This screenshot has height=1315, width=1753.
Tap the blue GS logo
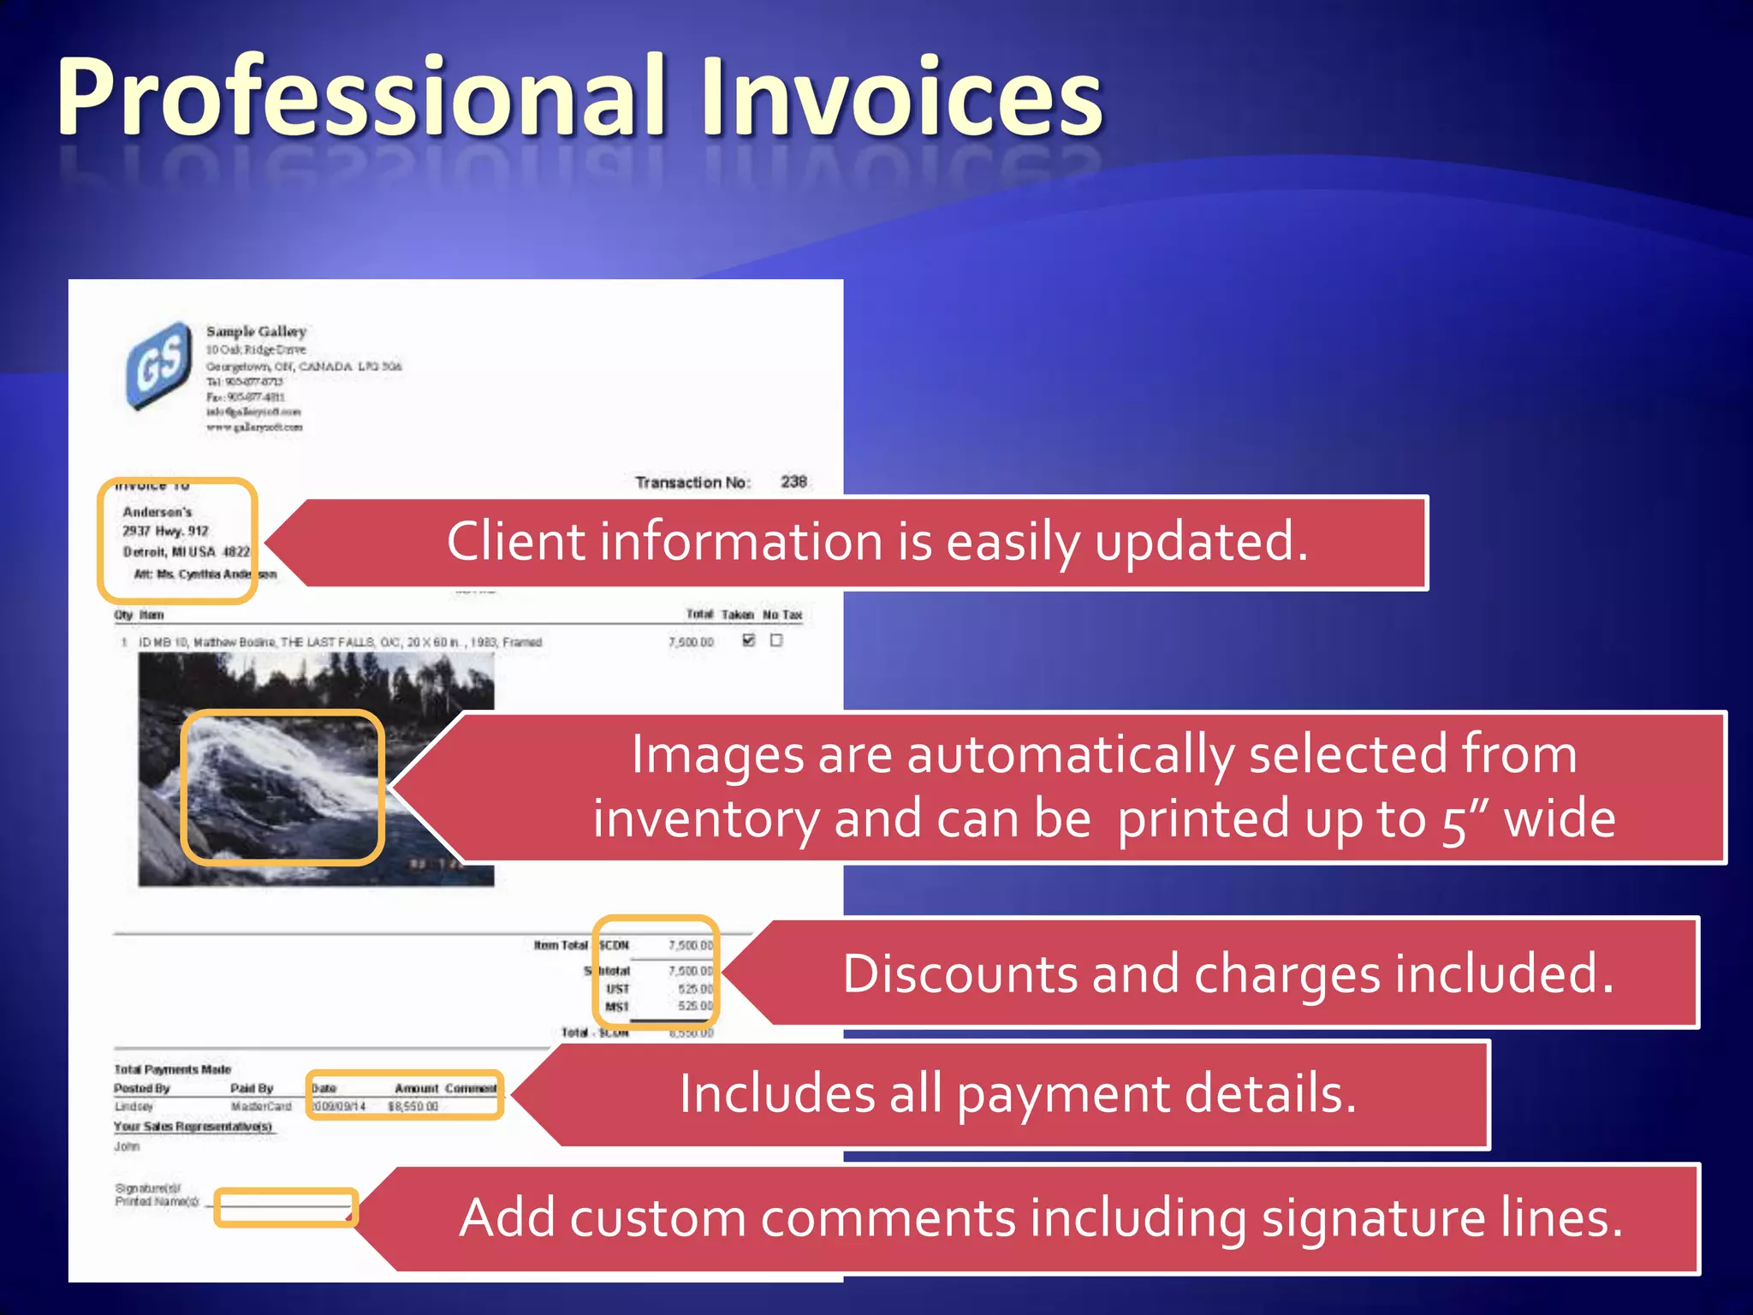159,363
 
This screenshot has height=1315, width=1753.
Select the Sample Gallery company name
256,331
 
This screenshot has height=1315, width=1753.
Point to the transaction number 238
793,481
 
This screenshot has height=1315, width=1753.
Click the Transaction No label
692,483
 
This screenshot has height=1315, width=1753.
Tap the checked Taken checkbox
749,640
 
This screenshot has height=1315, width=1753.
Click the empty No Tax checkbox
776,640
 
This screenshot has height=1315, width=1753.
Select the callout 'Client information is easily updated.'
876,542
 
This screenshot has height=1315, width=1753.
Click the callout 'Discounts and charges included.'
1227,973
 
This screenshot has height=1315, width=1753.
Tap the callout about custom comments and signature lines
1039,1217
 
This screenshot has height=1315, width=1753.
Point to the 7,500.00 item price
691,642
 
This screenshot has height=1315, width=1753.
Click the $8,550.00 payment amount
413,1107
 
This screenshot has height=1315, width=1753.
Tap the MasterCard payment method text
261,1107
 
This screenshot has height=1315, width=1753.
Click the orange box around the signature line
285,1208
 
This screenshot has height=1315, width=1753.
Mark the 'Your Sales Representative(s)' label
193,1127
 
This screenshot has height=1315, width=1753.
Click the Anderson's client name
157,512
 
